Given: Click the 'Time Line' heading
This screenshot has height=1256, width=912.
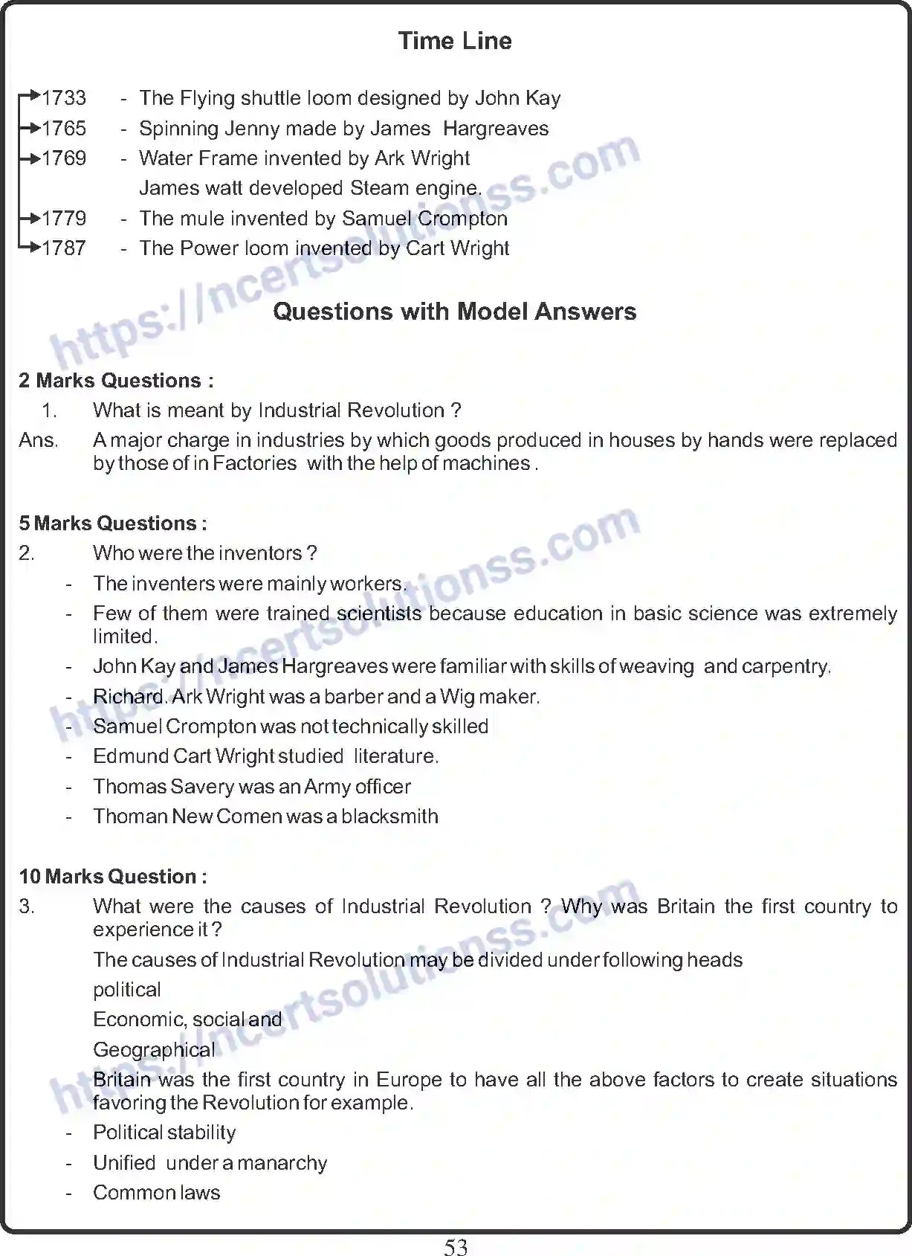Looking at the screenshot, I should point(455,41).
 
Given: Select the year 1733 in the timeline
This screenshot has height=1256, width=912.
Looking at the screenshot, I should point(64,98).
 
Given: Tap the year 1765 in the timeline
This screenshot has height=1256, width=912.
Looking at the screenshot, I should point(64,129).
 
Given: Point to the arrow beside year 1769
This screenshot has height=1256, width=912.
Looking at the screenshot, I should point(30,158).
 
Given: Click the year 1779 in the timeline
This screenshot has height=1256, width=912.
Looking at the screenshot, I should point(64,219).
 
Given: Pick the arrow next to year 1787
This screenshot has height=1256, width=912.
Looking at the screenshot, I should point(30,248).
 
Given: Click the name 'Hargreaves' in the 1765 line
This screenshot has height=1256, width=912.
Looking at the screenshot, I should point(496,129).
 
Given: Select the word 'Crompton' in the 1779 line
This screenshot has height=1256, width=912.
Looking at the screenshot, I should point(462,219).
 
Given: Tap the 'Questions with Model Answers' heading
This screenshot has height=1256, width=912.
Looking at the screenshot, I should point(454,312).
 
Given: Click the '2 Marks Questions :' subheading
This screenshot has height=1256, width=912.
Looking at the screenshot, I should point(117,381).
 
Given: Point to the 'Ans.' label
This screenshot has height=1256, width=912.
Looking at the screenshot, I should point(39,440).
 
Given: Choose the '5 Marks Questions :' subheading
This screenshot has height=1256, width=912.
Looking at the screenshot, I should point(113,524).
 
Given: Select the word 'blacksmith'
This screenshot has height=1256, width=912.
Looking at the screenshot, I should point(389,817).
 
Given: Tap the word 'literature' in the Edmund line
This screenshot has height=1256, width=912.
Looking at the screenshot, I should point(395,756).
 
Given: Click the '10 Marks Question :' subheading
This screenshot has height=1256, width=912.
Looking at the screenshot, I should point(113,877).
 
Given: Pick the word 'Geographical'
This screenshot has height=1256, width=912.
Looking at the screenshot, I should point(154,1050).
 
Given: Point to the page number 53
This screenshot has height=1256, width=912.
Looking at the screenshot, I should point(456,1247).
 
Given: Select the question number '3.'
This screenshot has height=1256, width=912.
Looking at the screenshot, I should point(27,906).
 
